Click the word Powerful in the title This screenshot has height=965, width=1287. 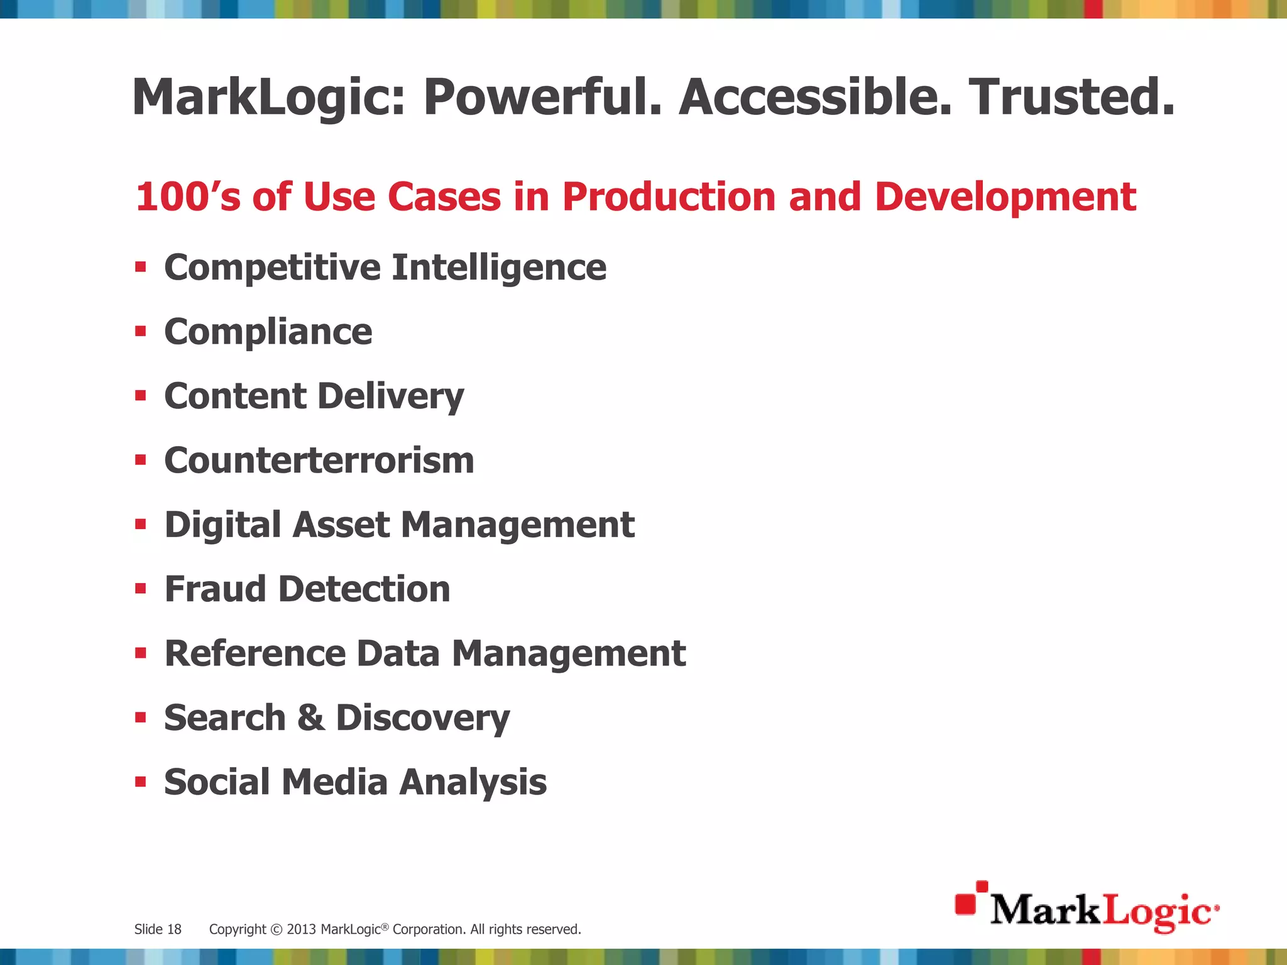pyautogui.click(x=542, y=98)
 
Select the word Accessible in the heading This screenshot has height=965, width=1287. pyautogui.click(x=815, y=97)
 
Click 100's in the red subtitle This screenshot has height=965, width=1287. pyautogui.click(x=188, y=197)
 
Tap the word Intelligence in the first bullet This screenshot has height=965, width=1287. pyautogui.click(x=499, y=268)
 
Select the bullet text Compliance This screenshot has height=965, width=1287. pyautogui.click(x=268, y=332)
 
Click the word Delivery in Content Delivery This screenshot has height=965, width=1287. pyautogui.click(x=390, y=397)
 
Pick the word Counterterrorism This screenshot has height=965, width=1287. pyautogui.click(x=319, y=461)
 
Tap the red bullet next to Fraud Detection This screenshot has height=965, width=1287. pyautogui.click(x=141, y=589)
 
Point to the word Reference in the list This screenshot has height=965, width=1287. pyautogui.click(x=255, y=653)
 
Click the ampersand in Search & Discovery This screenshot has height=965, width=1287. pyautogui.click(x=311, y=717)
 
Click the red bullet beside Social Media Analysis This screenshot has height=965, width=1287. pyautogui.click(x=141, y=782)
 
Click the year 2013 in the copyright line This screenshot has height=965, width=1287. pyautogui.click(x=302, y=929)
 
